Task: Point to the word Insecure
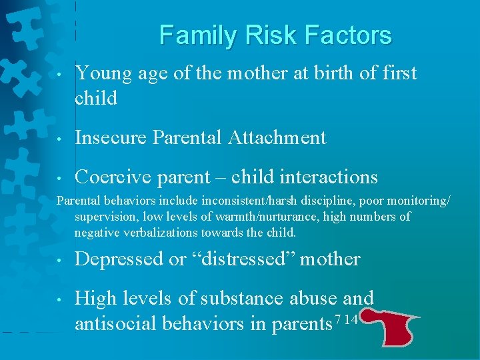click(x=111, y=138)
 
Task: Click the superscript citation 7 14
click(x=348, y=320)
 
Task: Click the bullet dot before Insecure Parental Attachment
click(x=60, y=139)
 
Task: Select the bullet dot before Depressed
click(x=60, y=261)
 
